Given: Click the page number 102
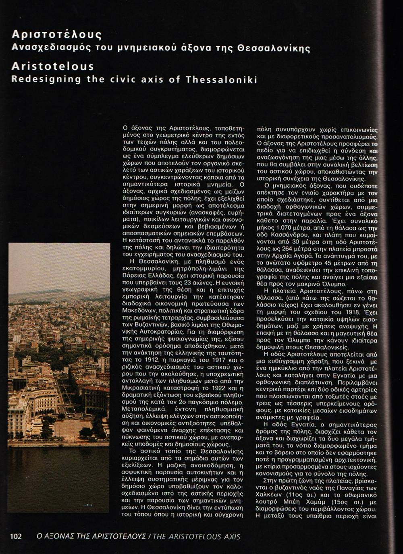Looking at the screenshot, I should pyautogui.click(x=16, y=536).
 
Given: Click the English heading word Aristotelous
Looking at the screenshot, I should pyautogui.click(x=53, y=66).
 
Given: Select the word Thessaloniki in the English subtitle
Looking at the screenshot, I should pyautogui.click(x=221, y=79).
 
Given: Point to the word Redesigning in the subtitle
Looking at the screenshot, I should pyautogui.click(x=46, y=79).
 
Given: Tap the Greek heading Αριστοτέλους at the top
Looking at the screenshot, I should pyautogui.click(x=56, y=35).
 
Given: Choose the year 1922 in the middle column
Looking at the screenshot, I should pyautogui.click(x=213, y=388).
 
